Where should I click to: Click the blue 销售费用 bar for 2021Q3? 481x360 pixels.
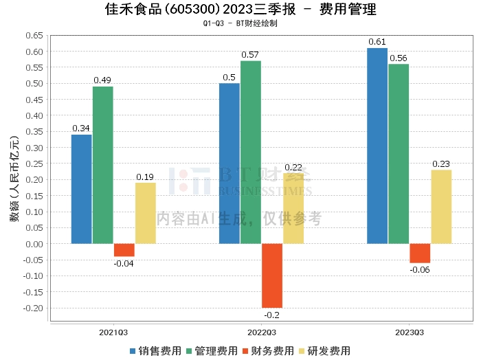tap(81, 189)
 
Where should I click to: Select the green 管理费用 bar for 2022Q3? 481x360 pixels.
tap(251, 152)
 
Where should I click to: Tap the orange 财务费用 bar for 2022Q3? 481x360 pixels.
tap(272, 275)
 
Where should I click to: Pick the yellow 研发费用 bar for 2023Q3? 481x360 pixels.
tap(441, 206)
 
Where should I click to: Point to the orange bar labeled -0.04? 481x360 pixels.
tap(124, 250)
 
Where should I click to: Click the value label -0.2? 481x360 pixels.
tap(272, 315)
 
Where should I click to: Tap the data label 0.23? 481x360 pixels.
tap(441, 164)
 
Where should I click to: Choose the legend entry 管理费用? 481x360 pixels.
tap(211, 350)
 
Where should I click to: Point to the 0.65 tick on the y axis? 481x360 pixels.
tap(34, 36)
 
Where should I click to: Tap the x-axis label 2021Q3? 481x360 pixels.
tap(113, 332)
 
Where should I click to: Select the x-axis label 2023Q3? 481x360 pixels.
tap(410, 332)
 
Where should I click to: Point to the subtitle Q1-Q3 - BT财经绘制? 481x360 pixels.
tap(240, 23)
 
